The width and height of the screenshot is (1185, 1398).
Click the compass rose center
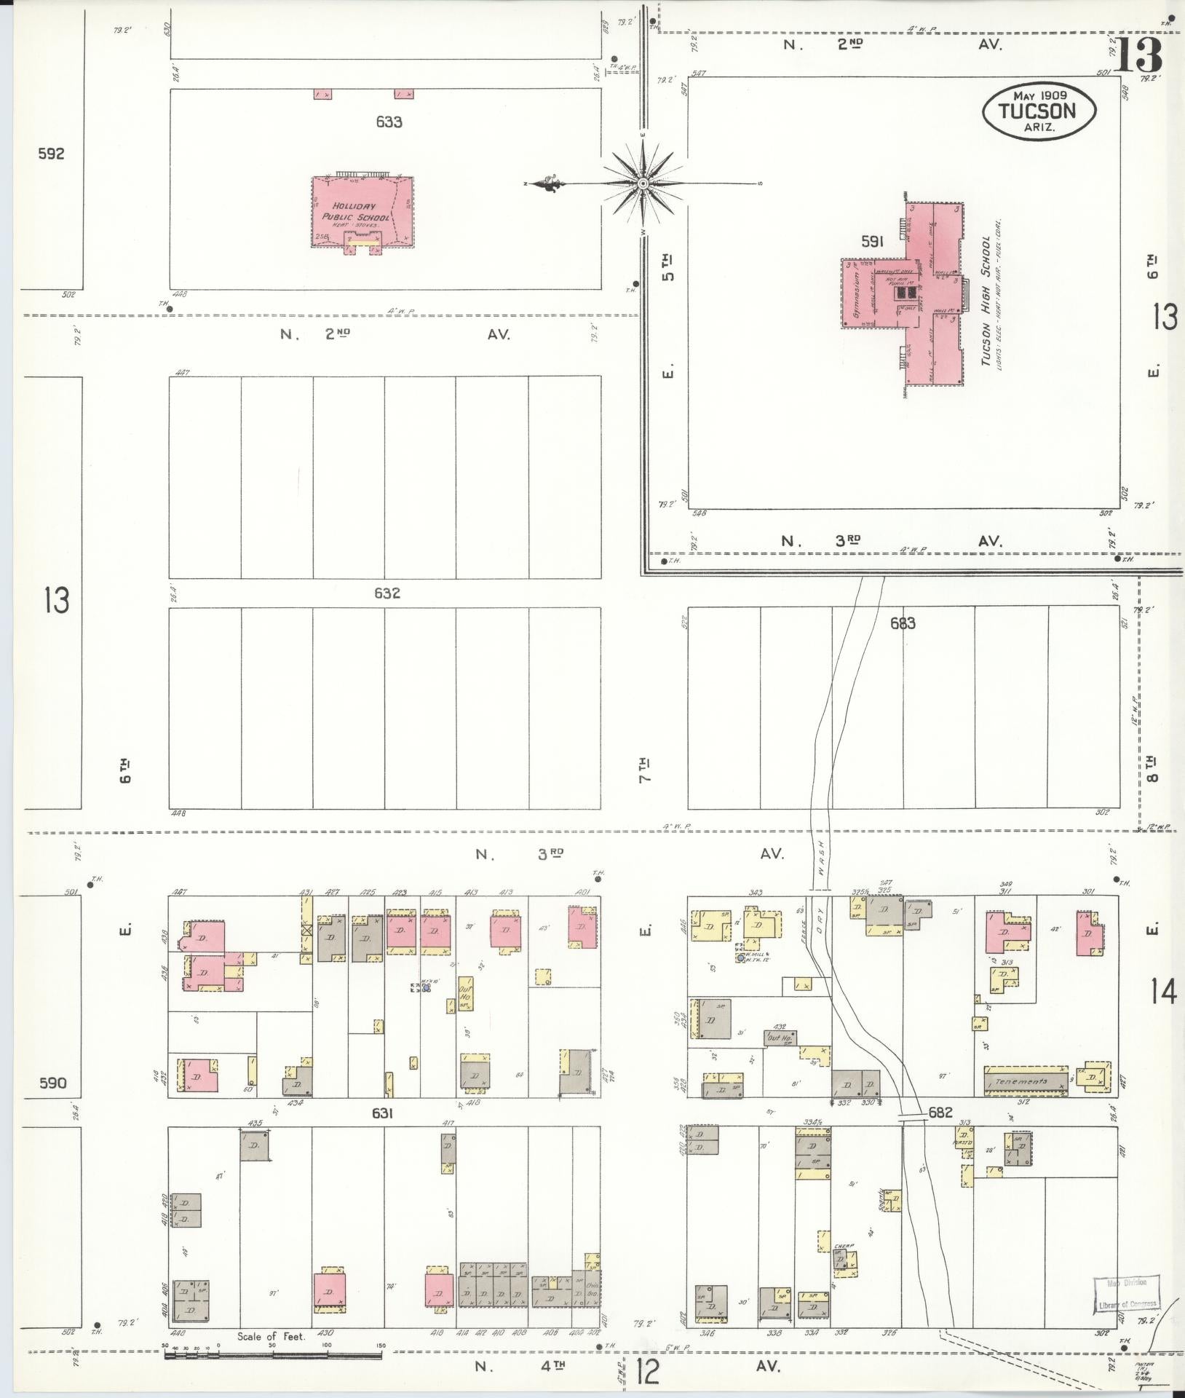click(x=643, y=183)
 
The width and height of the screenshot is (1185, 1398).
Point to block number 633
click(x=389, y=122)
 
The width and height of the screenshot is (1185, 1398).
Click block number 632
click(x=387, y=593)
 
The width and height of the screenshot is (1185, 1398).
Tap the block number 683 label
click(x=902, y=623)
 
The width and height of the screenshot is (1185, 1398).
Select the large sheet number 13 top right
click(x=1140, y=56)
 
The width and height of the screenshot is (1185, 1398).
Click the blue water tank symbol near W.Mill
click(x=740, y=959)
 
